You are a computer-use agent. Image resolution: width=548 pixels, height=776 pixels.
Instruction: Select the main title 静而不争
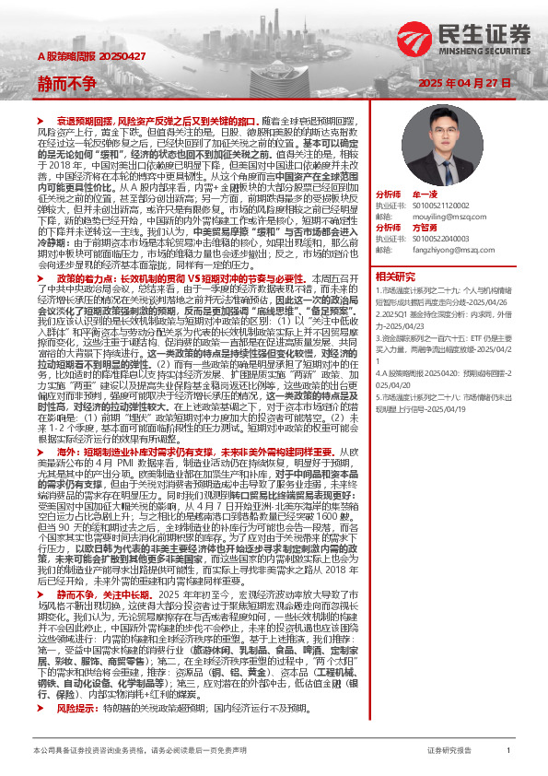click(x=66, y=85)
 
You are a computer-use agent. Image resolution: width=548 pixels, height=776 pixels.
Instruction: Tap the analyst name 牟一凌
click(x=426, y=195)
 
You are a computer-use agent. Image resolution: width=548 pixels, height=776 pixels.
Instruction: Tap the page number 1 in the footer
click(x=508, y=751)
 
